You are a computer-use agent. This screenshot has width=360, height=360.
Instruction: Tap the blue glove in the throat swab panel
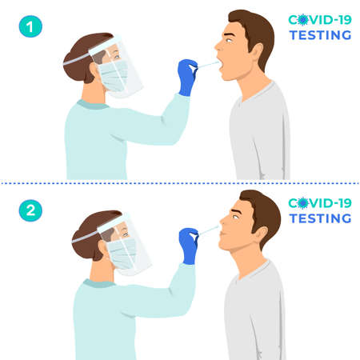187,76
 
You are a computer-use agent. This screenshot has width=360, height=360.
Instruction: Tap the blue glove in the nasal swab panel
189,245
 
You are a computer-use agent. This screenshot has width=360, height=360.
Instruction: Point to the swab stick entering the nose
210,230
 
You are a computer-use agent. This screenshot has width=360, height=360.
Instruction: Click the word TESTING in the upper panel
320,35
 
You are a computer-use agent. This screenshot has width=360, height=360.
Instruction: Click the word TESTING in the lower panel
320,218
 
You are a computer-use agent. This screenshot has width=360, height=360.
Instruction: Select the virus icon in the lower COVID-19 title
302,202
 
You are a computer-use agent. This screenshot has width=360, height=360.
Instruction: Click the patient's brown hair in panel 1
256,27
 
